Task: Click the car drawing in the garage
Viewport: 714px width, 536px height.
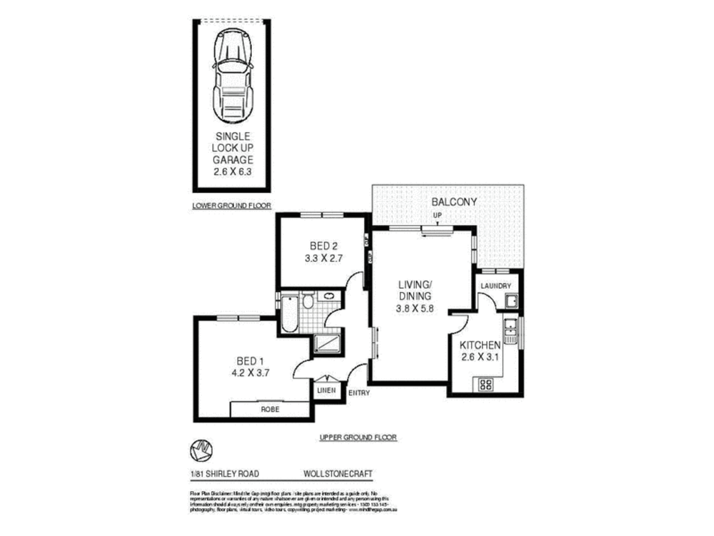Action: coord(233,76)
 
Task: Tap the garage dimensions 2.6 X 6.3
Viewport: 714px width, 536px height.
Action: coord(232,172)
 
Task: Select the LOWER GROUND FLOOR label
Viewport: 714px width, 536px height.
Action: coord(232,206)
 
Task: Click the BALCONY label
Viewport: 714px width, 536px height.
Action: coord(454,202)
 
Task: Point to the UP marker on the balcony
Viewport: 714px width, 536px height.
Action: coord(437,215)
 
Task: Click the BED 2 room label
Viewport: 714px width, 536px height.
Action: coord(323,246)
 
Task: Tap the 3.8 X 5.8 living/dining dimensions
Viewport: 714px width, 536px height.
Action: coord(415,308)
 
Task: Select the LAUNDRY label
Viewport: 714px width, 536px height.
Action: coord(496,286)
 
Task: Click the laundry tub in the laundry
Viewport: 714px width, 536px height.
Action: coord(511,301)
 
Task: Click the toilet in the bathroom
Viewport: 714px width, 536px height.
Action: coord(308,300)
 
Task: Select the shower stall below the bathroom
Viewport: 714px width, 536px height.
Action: coord(327,343)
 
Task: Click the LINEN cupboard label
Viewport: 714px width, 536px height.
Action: coord(326,390)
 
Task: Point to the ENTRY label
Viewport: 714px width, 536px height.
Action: coord(359,393)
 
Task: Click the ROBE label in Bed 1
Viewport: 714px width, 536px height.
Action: coord(270,409)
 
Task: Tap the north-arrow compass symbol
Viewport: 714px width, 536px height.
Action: coord(201,451)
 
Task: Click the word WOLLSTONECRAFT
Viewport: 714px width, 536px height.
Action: coord(338,474)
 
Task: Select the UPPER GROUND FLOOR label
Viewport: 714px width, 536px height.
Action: coord(358,437)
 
